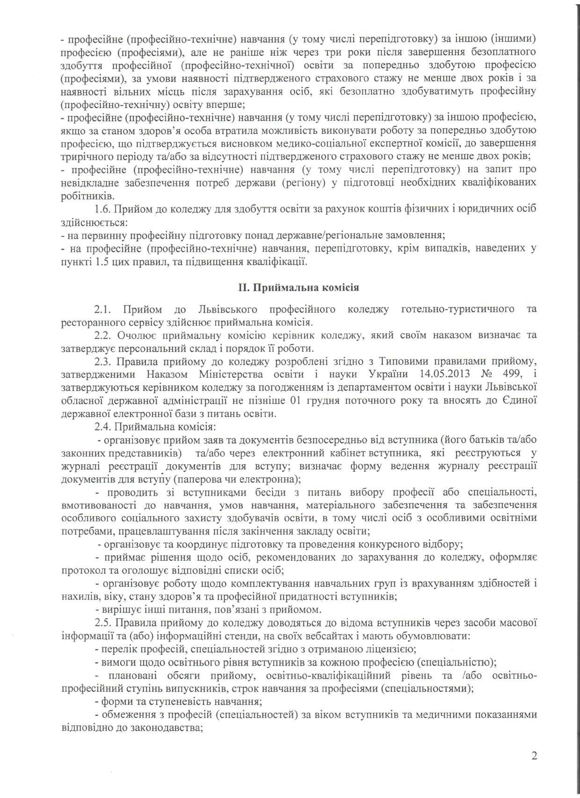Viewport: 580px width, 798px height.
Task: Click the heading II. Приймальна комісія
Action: [299, 287]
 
